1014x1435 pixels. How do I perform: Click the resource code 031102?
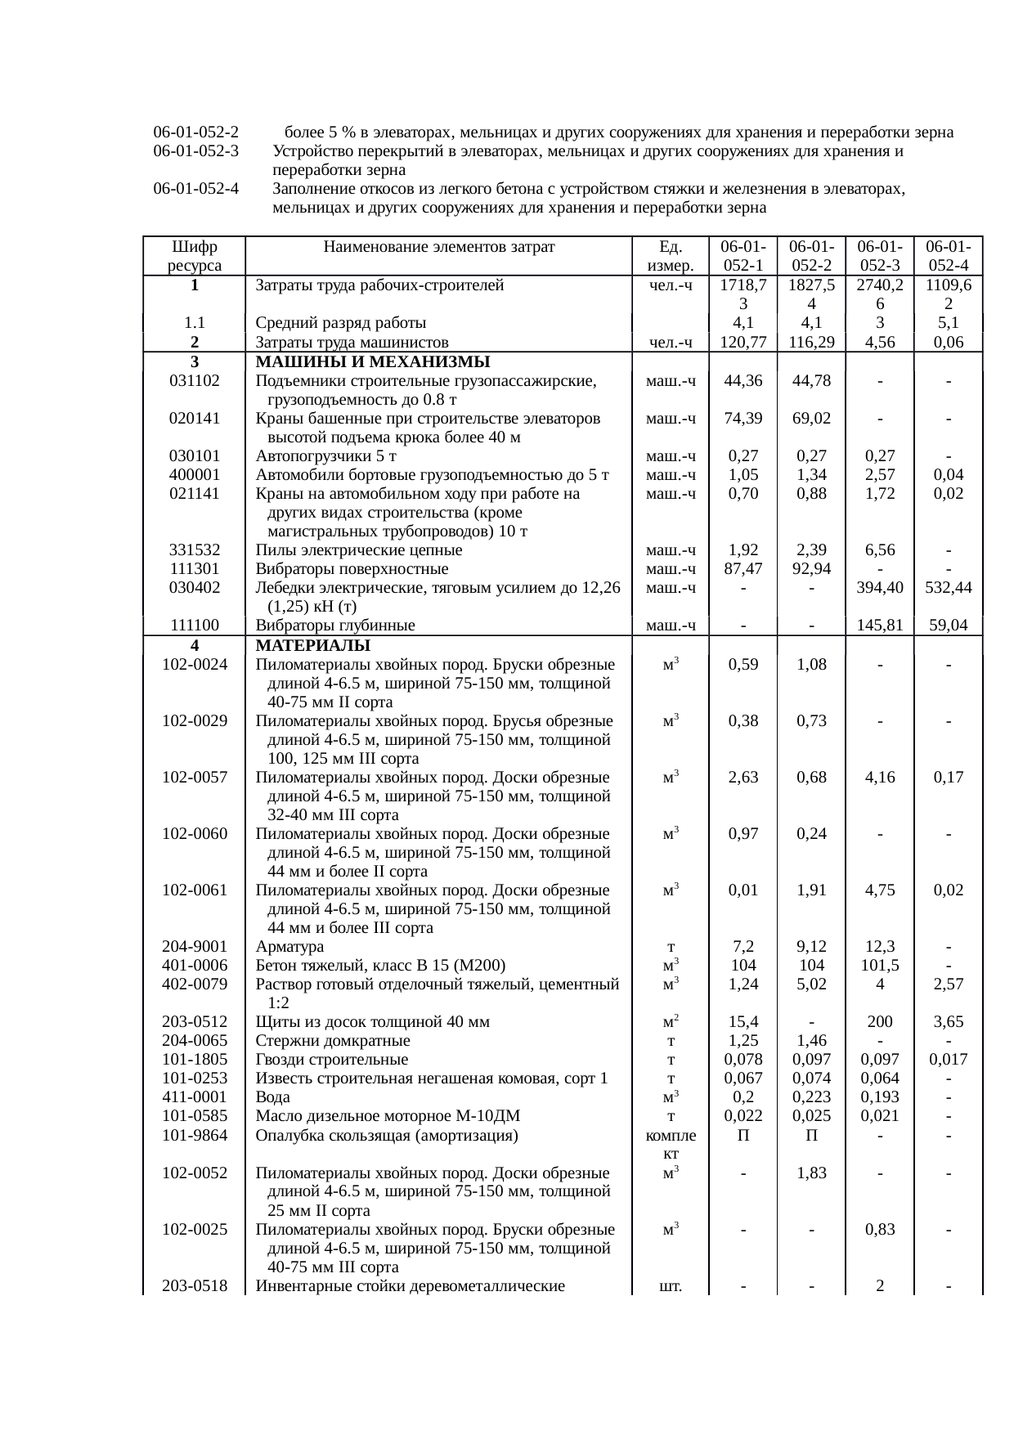194,381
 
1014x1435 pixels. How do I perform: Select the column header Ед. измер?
671,256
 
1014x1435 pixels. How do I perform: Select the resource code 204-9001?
194,947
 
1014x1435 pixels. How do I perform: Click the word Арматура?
289,947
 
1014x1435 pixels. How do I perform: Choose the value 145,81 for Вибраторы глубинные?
879,626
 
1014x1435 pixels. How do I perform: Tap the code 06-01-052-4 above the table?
195,190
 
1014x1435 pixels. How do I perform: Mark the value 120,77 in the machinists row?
743,343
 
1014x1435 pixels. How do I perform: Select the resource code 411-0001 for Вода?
194,1097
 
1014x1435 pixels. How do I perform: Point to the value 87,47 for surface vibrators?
743,569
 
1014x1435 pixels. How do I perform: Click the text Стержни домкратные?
333,1041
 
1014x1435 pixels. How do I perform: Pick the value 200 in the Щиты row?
879,1022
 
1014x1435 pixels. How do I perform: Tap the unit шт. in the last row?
671,1286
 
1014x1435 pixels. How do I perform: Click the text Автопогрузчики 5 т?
323,456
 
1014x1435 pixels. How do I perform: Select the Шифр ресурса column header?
194,256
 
